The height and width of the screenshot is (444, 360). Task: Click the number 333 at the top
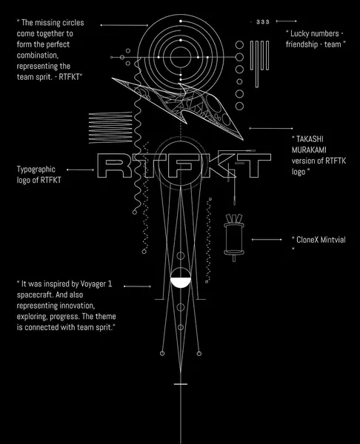tap(263, 21)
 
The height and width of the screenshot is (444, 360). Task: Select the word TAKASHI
tap(310, 139)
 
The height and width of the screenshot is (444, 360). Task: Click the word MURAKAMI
tap(309, 149)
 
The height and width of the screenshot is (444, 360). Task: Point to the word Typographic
tap(36, 169)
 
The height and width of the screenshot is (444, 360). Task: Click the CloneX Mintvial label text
tap(321, 240)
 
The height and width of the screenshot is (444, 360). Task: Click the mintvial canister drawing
tap(234, 238)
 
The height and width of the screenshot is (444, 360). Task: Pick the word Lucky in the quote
tap(299, 34)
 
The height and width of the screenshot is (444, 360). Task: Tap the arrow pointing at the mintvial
tap(267, 240)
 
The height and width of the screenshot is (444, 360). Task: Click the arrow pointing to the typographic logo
tap(81, 169)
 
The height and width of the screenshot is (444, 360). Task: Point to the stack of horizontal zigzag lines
tap(110, 127)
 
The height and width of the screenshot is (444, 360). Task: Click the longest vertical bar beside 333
tap(257, 64)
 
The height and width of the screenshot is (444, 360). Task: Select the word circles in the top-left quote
tap(73, 23)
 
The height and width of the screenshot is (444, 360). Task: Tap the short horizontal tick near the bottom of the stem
tap(181, 384)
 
